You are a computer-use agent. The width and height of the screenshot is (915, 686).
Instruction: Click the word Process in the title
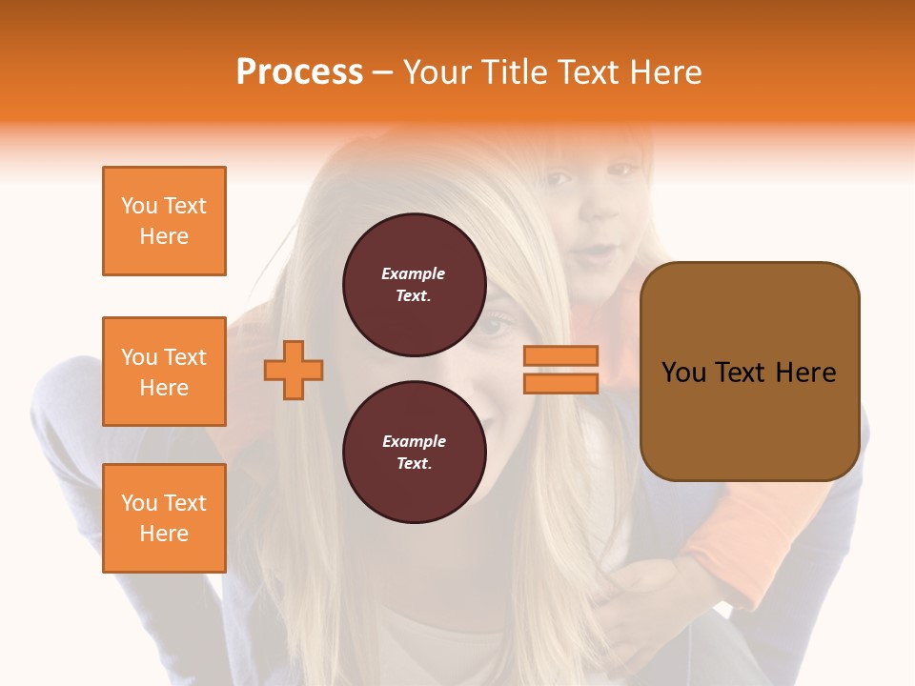299,72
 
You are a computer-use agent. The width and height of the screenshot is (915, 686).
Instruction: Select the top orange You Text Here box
164,221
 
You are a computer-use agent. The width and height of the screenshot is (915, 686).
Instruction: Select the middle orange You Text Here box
164,372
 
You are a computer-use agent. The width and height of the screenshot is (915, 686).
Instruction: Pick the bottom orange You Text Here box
164,518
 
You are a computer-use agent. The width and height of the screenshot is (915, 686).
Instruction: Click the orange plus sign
294,370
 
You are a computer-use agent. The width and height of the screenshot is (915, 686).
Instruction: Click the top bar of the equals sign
560,355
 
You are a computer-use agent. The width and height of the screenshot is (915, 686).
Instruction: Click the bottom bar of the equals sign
560,383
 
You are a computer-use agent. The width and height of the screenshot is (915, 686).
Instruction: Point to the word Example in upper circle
414,273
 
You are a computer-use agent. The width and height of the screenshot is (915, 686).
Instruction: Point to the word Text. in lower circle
414,464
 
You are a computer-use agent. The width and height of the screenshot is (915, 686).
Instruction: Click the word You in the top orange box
138,206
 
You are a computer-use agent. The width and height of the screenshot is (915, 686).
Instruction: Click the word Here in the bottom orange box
164,534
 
